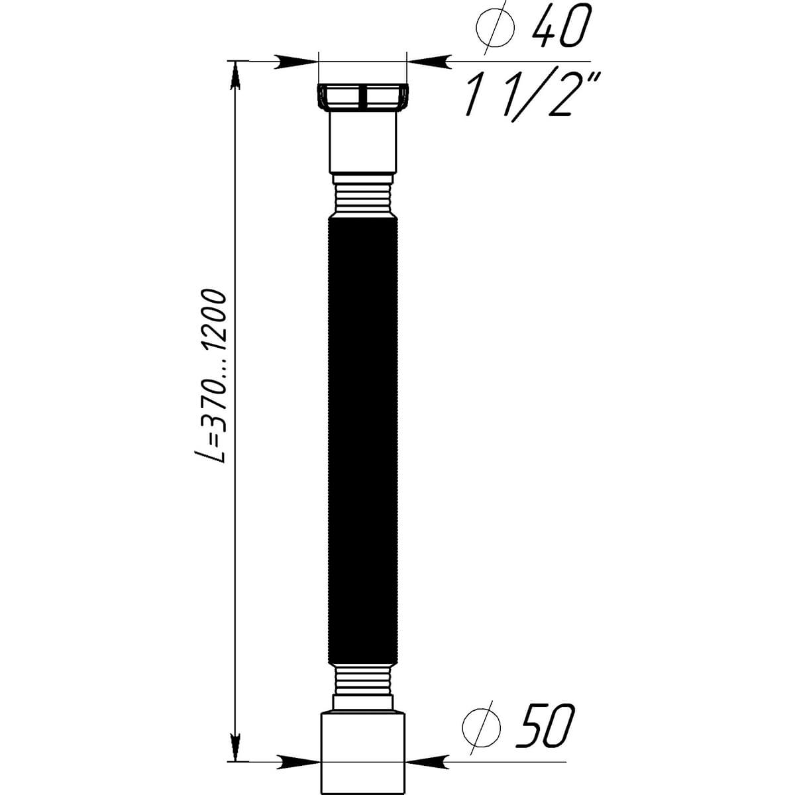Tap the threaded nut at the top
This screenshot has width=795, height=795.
[362, 99]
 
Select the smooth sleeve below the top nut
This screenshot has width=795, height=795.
[362, 142]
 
